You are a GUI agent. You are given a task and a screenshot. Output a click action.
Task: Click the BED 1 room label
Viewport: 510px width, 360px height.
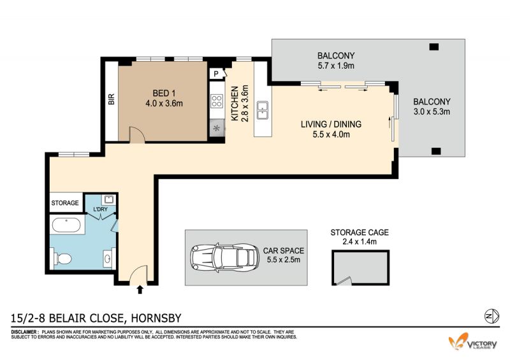tap(164, 93)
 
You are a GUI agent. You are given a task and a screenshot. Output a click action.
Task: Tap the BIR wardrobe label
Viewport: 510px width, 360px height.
tap(111, 99)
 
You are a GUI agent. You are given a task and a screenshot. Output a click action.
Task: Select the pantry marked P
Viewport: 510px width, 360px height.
tap(217, 74)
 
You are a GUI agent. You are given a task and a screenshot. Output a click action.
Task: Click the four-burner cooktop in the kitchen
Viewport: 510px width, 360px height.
tap(217, 101)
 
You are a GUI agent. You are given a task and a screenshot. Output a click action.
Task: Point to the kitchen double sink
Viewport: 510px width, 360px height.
tap(262, 110)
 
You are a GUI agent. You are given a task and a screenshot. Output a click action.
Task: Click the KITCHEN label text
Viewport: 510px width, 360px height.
tap(235, 103)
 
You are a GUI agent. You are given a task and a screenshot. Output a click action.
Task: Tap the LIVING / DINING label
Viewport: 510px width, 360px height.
tap(331, 124)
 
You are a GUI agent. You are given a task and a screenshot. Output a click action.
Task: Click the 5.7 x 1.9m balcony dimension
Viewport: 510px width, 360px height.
tap(336, 66)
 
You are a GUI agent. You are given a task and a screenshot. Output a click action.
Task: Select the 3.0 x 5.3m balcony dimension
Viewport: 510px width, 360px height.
tap(432, 112)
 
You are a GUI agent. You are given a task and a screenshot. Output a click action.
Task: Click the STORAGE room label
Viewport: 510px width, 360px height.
tap(65, 203)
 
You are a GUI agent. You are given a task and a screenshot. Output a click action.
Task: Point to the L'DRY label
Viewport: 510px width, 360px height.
tap(100, 209)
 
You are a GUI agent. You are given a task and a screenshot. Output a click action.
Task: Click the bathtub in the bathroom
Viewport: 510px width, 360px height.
tap(66, 226)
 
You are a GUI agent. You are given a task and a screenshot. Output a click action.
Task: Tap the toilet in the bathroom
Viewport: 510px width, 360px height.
tap(62, 259)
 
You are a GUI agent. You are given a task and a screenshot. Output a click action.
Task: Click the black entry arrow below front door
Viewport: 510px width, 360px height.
tap(140, 289)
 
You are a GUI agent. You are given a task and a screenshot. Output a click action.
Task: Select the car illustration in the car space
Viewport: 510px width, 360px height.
tap(224, 257)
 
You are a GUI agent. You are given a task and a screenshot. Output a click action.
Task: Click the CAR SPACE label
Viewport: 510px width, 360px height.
tap(283, 251)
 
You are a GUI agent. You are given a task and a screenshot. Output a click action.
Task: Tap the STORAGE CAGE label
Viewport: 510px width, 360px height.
tap(360, 233)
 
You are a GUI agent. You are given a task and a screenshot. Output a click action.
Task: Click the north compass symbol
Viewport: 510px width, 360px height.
tap(492, 315)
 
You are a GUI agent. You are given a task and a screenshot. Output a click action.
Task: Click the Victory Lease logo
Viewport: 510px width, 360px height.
tap(473, 342)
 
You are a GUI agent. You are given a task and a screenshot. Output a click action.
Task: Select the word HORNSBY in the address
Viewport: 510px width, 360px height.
tap(156, 318)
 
